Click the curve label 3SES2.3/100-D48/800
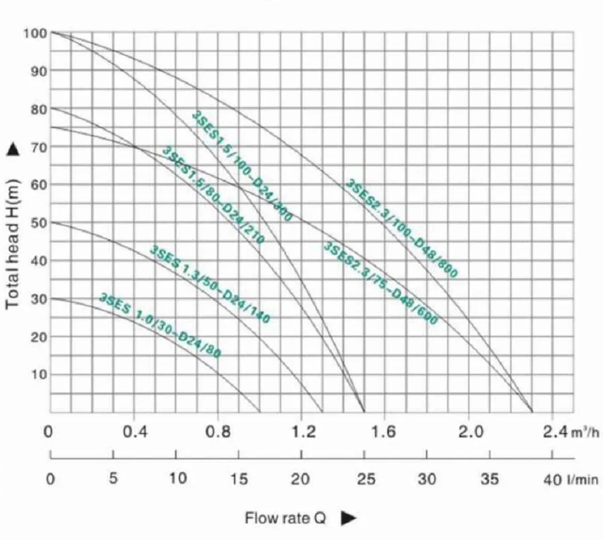click(402, 228)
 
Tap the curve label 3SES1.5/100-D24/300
click(242, 166)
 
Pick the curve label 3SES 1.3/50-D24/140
click(209, 284)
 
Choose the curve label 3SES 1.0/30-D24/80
click(160, 325)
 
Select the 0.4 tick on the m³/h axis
click(136, 432)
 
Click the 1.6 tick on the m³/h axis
click(384, 432)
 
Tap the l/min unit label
click(583, 479)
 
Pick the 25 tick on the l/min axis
click(365, 479)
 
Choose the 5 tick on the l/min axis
click(113, 479)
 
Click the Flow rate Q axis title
click(285, 518)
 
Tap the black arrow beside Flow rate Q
click(348, 518)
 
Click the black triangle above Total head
click(12, 150)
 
